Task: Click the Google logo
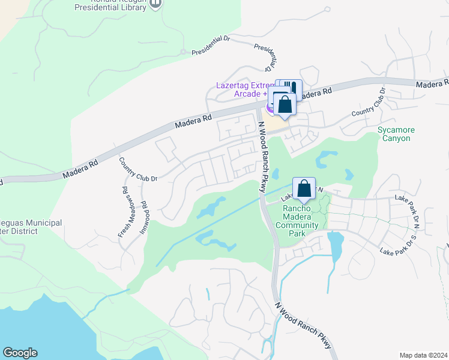(20, 353)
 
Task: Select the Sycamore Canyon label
(396, 134)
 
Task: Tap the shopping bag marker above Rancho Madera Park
(305, 188)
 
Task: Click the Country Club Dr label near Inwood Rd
(138, 170)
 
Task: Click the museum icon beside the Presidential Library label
(155, 4)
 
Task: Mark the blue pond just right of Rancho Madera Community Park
(336, 244)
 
